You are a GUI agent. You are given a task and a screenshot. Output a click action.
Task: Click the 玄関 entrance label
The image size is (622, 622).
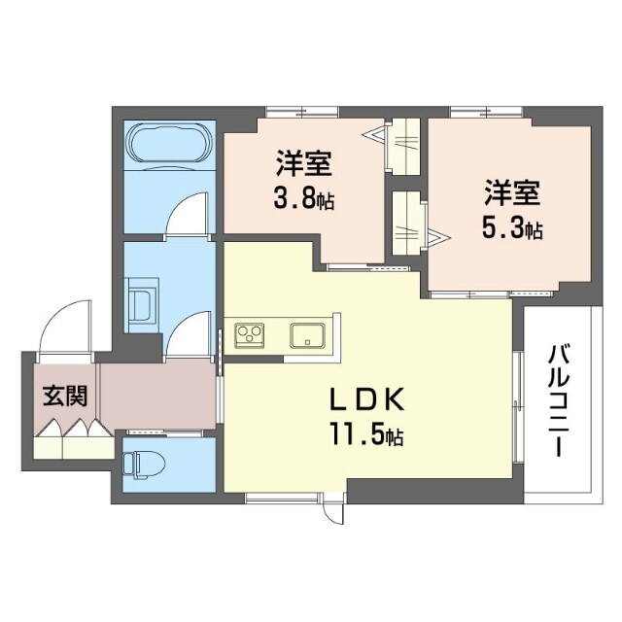point(64,396)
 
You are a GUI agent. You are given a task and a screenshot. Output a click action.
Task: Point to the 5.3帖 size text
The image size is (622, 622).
point(513,229)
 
